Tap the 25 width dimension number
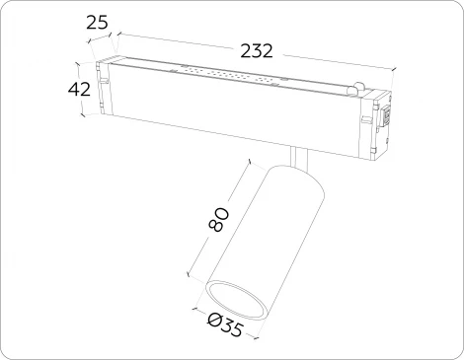click(x=97, y=23)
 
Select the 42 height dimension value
click(x=80, y=90)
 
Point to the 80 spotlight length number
click(x=219, y=220)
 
